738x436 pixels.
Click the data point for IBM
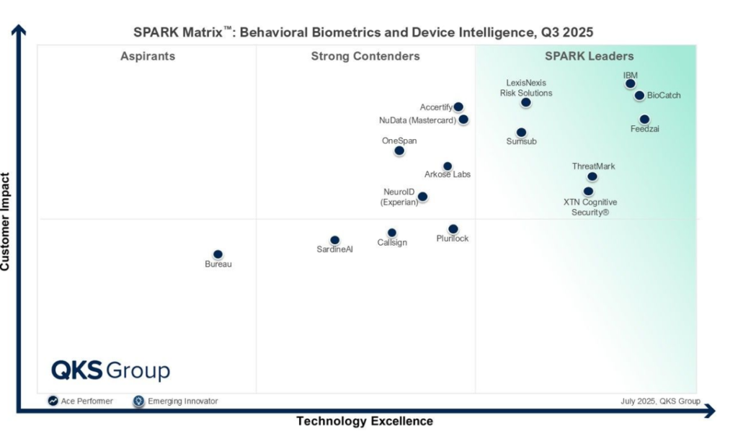point(631,84)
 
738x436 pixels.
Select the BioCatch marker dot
point(639,95)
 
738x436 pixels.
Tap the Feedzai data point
point(644,120)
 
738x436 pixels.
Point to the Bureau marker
point(218,254)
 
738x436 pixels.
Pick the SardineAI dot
point(334,240)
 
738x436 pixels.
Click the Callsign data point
point(392,233)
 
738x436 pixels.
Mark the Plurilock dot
point(453,229)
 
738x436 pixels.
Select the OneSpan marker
point(399,151)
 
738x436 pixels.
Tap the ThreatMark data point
point(592,177)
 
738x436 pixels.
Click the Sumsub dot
point(521,133)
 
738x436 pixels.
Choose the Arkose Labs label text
point(447,174)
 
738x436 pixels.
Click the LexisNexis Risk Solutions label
point(526,88)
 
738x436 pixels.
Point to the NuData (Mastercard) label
point(417,120)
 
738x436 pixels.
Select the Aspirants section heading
point(148,56)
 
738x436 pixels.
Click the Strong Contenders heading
point(365,56)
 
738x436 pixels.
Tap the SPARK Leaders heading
point(589,56)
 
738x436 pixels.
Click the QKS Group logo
point(110,370)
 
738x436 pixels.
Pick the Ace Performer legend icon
point(53,401)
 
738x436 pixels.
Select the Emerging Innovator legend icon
point(139,401)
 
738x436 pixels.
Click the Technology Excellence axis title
point(365,421)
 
